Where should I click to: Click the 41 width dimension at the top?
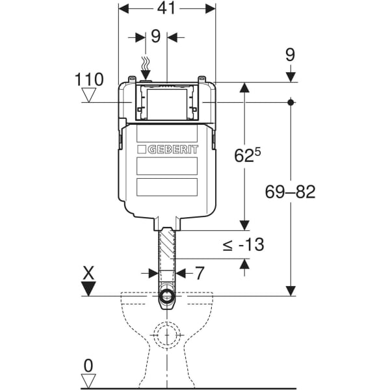pyautogui.click(x=166, y=8)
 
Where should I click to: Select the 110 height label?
pyautogui.click(x=89, y=79)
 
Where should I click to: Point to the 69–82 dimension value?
pyautogui.click(x=291, y=192)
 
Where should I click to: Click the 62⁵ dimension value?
pyautogui.click(x=248, y=155)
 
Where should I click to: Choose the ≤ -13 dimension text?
pyautogui.click(x=243, y=244)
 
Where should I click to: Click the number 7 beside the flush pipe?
pyautogui.click(x=200, y=273)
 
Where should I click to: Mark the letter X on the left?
pyautogui.click(x=88, y=273)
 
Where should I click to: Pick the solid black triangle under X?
pyautogui.click(x=88, y=289)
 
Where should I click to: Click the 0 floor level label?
pyautogui.click(x=88, y=366)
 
